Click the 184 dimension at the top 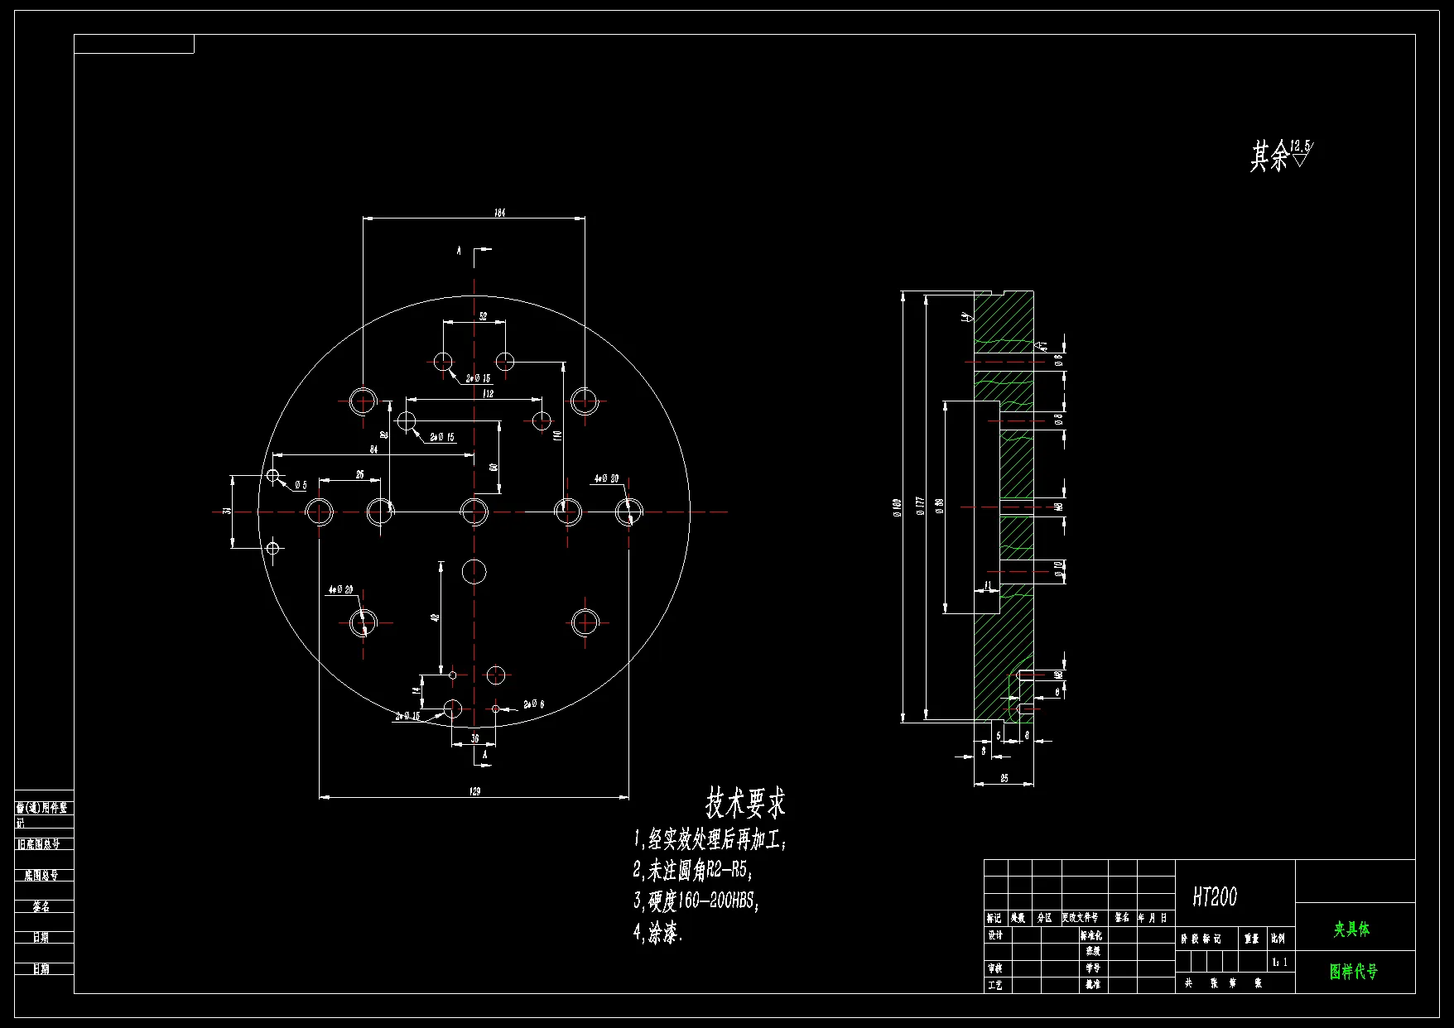(x=499, y=213)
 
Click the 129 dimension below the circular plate (x=474, y=791)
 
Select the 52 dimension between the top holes (x=483, y=316)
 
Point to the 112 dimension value (x=489, y=394)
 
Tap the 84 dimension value (x=373, y=449)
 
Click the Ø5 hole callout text (x=300, y=485)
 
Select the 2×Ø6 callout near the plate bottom (x=534, y=704)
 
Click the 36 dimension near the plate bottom (x=474, y=738)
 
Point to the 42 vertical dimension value (x=435, y=617)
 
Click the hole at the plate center (x=474, y=512)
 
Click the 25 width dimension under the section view (x=1004, y=779)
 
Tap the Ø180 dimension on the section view (x=896, y=507)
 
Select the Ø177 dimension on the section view (x=919, y=506)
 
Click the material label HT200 (x=1215, y=896)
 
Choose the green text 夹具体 (x=1351, y=930)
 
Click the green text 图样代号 (x=1354, y=971)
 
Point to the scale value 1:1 (x=1279, y=962)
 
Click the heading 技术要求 (x=745, y=802)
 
